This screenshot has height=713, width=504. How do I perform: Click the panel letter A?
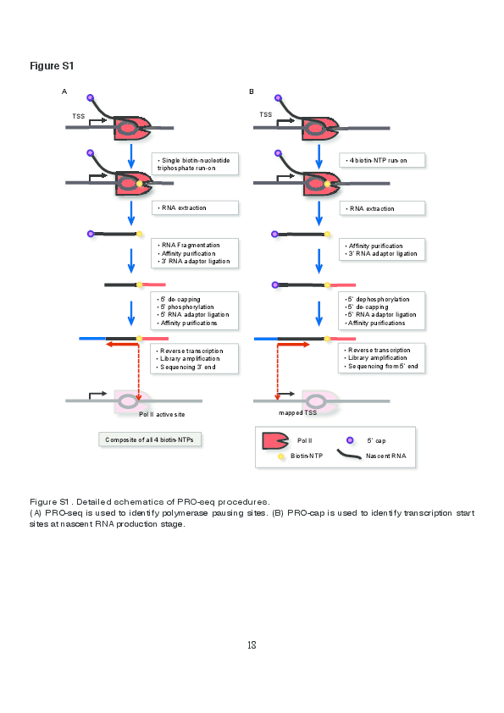click(64, 91)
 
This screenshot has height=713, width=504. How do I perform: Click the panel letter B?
click(251, 91)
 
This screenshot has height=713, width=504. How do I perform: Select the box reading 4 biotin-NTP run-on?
click(382, 160)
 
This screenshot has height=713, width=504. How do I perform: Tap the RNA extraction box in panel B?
click(382, 208)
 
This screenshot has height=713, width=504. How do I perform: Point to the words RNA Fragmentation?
click(191, 245)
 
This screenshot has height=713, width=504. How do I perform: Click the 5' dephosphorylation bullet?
click(379, 299)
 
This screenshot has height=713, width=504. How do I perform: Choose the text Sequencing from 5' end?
click(383, 366)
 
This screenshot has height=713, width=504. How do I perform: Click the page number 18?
click(252, 645)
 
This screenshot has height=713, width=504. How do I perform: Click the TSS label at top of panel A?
click(78, 114)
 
